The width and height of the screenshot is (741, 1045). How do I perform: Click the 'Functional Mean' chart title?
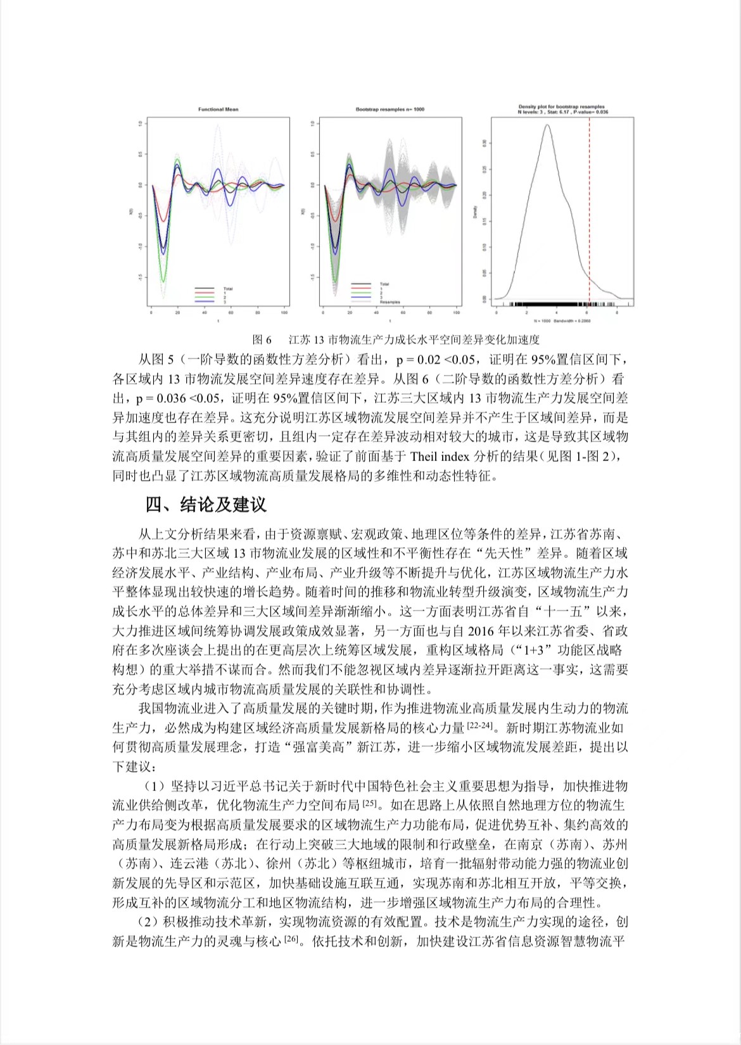point(218,110)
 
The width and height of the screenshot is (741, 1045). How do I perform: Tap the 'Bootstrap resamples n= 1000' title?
point(389,110)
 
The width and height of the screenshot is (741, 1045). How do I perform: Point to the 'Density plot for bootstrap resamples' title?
point(561,107)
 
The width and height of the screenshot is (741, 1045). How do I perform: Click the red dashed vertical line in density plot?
point(590,209)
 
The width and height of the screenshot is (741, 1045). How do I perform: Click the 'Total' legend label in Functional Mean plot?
point(228,289)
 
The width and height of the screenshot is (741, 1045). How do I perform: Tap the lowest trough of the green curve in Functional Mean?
point(163,281)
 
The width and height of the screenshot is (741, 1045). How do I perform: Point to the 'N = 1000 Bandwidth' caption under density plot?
point(560,322)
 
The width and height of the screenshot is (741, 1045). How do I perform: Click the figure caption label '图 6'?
point(262,339)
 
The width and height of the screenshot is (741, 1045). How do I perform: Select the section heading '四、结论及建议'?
point(206,505)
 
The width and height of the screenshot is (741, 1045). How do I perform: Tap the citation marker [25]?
point(369,804)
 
